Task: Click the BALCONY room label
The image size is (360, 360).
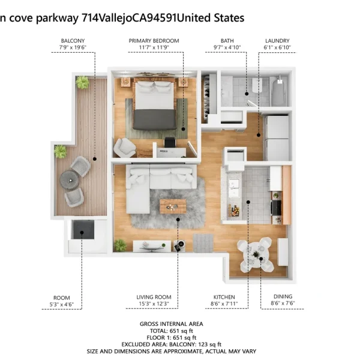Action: pyautogui.click(x=73, y=41)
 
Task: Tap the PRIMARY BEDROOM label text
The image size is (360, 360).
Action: pyautogui.click(x=154, y=41)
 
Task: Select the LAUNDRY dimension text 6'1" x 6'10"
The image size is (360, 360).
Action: pyautogui.click(x=277, y=47)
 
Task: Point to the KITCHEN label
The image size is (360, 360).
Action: pyautogui.click(x=224, y=297)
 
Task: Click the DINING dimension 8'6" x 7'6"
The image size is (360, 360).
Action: pyautogui.click(x=283, y=303)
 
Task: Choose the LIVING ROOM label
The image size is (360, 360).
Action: pyautogui.click(x=154, y=297)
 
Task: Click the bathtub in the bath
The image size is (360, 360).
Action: pyautogui.click(x=278, y=91)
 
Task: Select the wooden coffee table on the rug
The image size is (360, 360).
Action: pyautogui.click(x=173, y=206)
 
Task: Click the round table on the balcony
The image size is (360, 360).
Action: pyautogui.click(x=70, y=180)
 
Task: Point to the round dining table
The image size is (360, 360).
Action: pyautogui.click(x=256, y=254)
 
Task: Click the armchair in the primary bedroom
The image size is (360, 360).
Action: pyautogui.click(x=125, y=148)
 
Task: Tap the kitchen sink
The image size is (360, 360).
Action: pyautogui.click(x=234, y=188)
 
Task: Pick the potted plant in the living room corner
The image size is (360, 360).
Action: pyautogui.click(x=121, y=245)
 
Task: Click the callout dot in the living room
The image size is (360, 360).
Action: pyautogui.click(x=178, y=220)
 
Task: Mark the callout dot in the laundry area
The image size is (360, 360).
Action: pyautogui.click(x=259, y=135)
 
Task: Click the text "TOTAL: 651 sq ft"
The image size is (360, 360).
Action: pyautogui.click(x=171, y=331)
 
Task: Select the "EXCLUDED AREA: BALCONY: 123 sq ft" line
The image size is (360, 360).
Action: pyautogui.click(x=171, y=344)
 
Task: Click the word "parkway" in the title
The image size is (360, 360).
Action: pyautogui.click(x=57, y=19)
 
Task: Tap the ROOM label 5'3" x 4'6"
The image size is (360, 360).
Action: pyautogui.click(x=62, y=301)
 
